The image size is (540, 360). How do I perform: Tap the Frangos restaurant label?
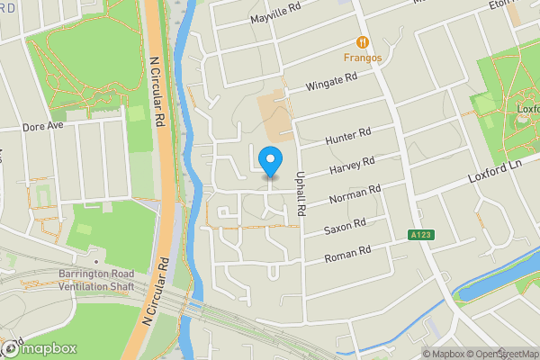tap(361, 59)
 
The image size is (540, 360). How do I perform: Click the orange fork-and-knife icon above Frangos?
tap(362, 42)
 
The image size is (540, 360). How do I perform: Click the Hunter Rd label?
tap(347, 138)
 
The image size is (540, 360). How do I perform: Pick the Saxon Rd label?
tap(346, 225)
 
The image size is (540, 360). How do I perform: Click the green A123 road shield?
tap(417, 236)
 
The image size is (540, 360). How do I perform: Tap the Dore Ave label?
tap(43, 127)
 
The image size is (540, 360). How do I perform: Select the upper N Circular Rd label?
tap(156, 90)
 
